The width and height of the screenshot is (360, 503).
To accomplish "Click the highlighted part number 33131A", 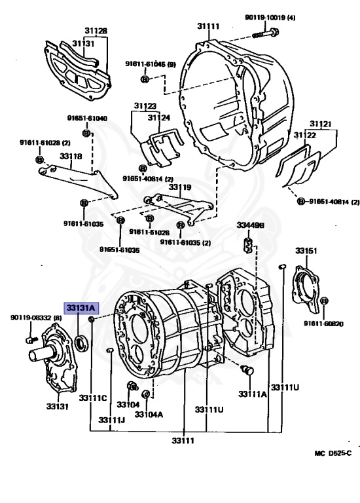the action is coord(81,308).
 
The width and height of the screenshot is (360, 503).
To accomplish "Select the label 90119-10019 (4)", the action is coord(270,17).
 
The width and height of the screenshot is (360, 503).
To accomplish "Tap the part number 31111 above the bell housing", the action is coord(208,26).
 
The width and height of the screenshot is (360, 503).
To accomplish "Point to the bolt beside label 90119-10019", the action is coord(266,33).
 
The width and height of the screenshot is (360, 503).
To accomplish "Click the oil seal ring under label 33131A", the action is coord(82,342).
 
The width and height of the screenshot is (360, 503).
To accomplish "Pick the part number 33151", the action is coord(306,251).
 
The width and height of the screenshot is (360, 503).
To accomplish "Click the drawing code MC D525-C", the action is coord(333,453).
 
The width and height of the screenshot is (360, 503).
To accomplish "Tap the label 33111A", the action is coord(252,394).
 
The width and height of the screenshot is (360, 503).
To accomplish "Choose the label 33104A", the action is coord(149,415).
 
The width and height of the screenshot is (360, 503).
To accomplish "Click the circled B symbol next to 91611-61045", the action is coord(145,79).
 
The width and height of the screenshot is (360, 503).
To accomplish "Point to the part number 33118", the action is coord(71,157).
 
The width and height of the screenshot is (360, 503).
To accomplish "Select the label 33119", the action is coord(180,187).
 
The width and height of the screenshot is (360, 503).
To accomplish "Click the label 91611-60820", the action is coord(323,324).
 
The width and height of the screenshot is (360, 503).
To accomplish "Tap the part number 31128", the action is coord(96,31).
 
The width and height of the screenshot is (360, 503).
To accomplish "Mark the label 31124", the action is coord(159,118).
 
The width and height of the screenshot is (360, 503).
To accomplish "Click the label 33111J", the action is coord(111,420).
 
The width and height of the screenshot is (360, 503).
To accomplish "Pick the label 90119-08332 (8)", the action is coord(36,318).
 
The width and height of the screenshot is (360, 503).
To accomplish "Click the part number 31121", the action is coord(321,124).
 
